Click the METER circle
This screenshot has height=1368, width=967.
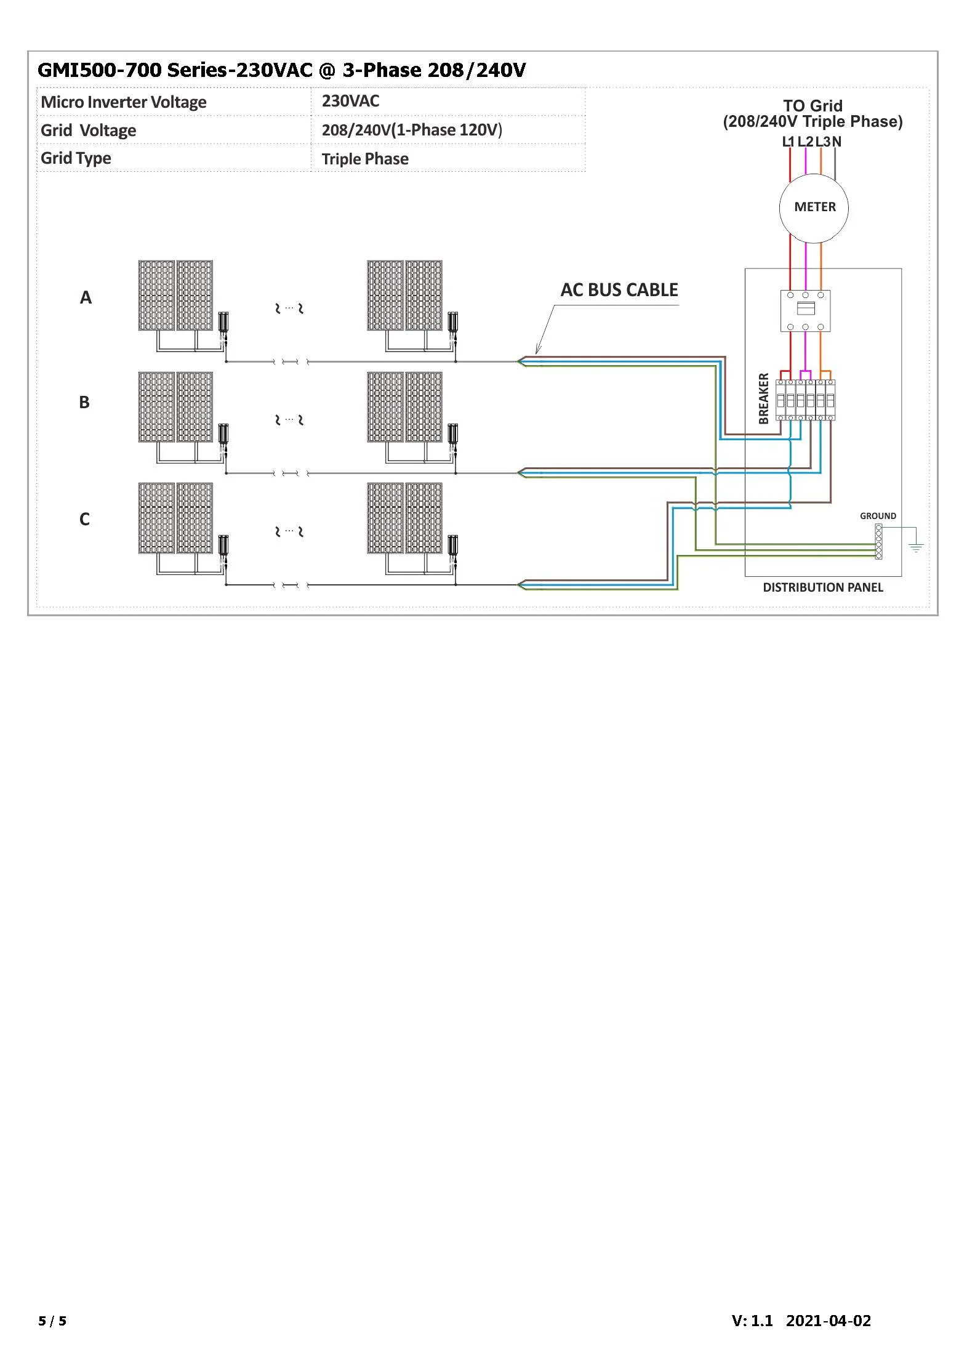(814, 208)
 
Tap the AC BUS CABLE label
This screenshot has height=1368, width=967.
(619, 290)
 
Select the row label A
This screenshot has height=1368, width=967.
(86, 298)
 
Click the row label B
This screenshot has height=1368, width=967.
(84, 403)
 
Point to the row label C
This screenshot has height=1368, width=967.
(84, 520)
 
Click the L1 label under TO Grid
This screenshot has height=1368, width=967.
(788, 142)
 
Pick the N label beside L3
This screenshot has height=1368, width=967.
(837, 142)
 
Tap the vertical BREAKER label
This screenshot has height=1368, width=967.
(764, 398)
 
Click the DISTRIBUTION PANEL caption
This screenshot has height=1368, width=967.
(822, 588)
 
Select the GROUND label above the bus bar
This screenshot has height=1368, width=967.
(878, 516)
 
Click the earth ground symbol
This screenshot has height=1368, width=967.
(916, 547)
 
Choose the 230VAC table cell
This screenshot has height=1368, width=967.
(350, 102)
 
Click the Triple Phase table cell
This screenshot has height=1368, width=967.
(365, 159)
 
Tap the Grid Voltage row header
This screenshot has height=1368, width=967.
(89, 131)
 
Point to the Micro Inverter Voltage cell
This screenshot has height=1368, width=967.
(124, 102)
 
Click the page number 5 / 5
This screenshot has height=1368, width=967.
(52, 1321)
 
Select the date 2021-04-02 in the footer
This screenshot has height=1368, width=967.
(828, 1321)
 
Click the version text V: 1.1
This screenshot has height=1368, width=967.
(752, 1321)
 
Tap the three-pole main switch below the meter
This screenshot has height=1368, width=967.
(805, 310)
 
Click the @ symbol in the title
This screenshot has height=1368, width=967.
(327, 70)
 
